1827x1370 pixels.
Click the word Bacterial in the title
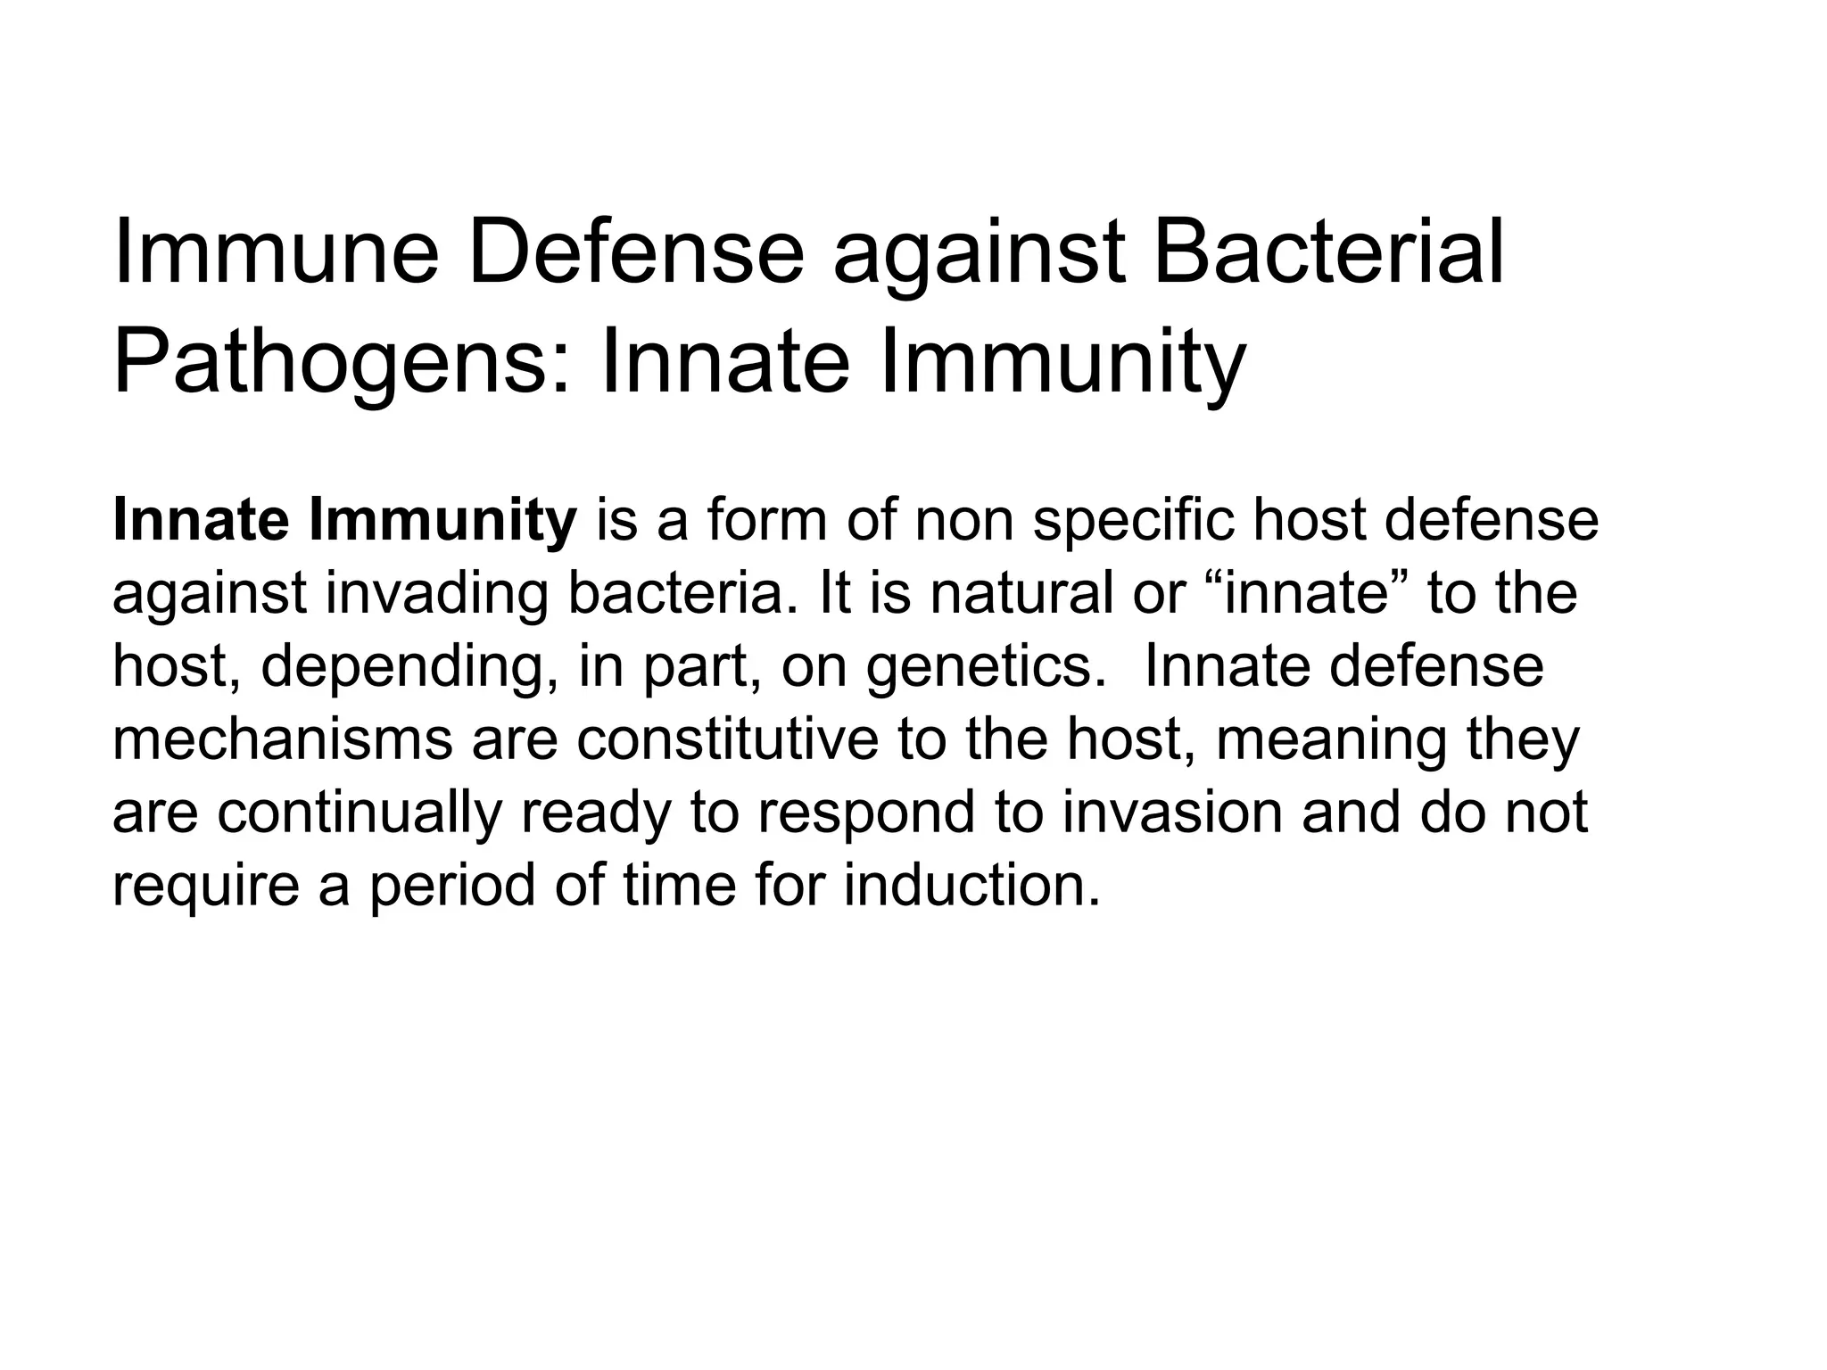(1328, 253)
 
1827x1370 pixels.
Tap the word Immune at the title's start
(277, 253)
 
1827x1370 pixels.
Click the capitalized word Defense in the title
(634, 253)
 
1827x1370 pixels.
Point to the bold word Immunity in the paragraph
(442, 522)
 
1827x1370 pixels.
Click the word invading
(436, 594)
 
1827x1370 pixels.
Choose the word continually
(359, 813)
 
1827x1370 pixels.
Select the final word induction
(971, 885)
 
